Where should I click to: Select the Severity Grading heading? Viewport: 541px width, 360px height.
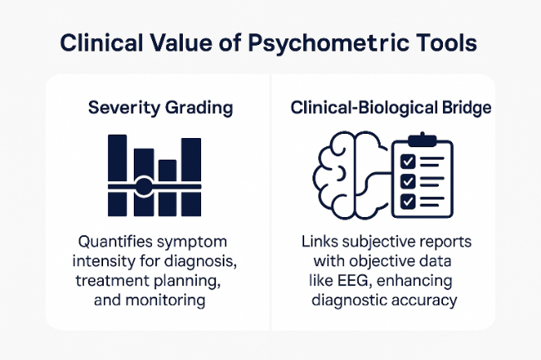click(x=160, y=108)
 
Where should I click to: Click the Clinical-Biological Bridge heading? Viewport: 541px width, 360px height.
click(x=391, y=108)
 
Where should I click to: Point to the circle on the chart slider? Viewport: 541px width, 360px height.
click(x=144, y=187)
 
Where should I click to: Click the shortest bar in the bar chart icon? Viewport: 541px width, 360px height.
click(x=168, y=188)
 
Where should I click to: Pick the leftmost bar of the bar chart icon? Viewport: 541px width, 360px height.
click(x=117, y=175)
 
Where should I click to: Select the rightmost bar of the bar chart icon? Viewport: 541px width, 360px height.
click(x=191, y=177)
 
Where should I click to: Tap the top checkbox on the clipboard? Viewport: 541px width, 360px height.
click(x=408, y=161)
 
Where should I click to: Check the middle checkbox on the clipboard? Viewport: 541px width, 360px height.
click(x=408, y=181)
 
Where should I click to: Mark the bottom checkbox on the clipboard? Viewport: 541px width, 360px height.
click(x=408, y=201)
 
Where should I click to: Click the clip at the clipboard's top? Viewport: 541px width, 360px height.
click(x=422, y=140)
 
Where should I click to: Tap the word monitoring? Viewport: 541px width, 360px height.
click(x=165, y=301)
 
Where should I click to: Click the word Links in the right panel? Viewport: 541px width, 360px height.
click(x=320, y=242)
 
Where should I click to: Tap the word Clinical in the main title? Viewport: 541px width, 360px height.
click(x=101, y=43)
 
